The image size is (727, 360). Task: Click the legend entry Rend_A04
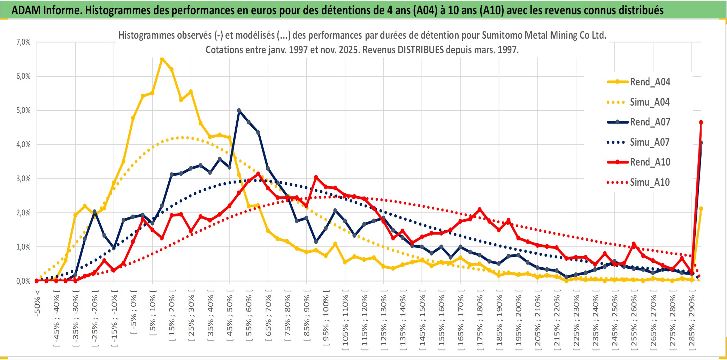point(650,82)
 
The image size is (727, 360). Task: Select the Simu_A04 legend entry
point(649,102)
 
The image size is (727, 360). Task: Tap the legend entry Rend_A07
point(650,122)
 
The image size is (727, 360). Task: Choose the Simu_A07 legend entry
point(649,142)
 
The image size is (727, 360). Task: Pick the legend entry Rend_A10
point(650,162)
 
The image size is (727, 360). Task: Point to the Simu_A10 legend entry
point(649,182)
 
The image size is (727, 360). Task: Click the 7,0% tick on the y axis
point(23,42)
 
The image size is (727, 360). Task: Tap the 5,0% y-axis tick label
point(23,110)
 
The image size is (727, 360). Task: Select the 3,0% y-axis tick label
point(23,179)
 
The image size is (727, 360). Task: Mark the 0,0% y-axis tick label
point(23,281)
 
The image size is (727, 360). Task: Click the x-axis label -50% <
point(37,303)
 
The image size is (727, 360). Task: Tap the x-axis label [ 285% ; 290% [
point(692,321)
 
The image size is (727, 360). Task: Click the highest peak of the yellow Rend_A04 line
point(162,59)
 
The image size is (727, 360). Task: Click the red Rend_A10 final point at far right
point(701,122)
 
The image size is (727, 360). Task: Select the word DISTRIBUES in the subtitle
point(421,50)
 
